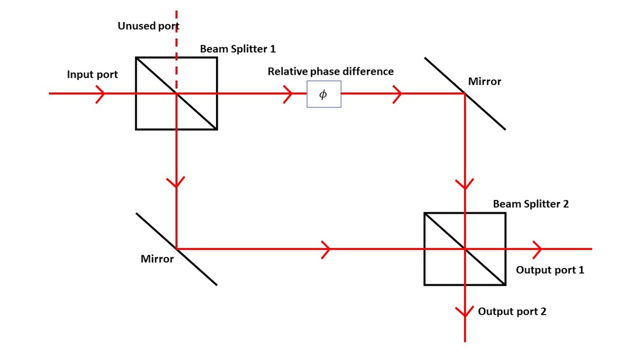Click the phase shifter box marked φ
click(324, 94)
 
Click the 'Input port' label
click(92, 75)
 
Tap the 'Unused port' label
click(148, 26)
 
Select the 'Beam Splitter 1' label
click(238, 49)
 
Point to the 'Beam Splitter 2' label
click(531, 204)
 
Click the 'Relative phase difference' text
click(331, 71)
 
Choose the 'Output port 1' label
click(550, 270)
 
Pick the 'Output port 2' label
click(512, 311)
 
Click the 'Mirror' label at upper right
click(485, 82)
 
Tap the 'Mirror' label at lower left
click(157, 259)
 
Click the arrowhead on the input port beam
click(100, 94)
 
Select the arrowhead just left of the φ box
click(287, 94)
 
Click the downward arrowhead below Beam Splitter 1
click(176, 182)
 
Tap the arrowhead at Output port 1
click(538, 249)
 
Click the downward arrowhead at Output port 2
click(465, 313)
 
